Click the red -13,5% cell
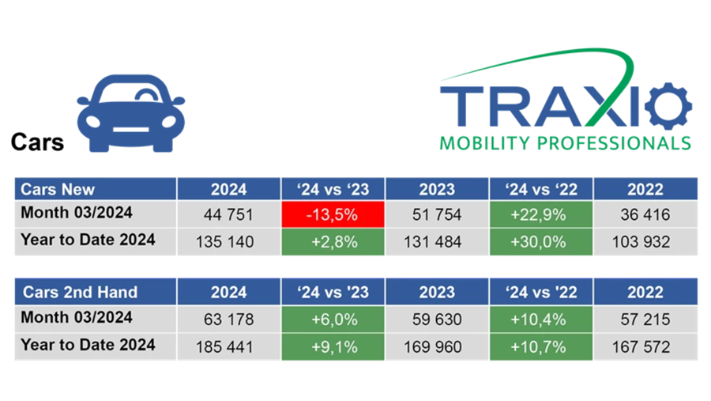[x=333, y=214]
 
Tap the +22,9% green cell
[x=541, y=214]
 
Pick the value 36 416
[x=645, y=215]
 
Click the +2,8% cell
[x=333, y=241]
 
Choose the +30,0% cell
[x=541, y=241]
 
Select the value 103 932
[x=645, y=241]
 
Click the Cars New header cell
[x=95, y=189]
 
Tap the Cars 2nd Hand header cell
[x=95, y=292]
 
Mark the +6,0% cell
[x=333, y=319]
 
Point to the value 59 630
[x=437, y=319]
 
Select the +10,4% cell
[x=541, y=319]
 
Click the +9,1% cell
[x=333, y=346]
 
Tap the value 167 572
[x=645, y=346]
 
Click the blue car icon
[x=131, y=114]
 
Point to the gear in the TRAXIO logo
[x=668, y=108]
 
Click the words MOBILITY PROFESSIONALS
[x=565, y=143]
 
